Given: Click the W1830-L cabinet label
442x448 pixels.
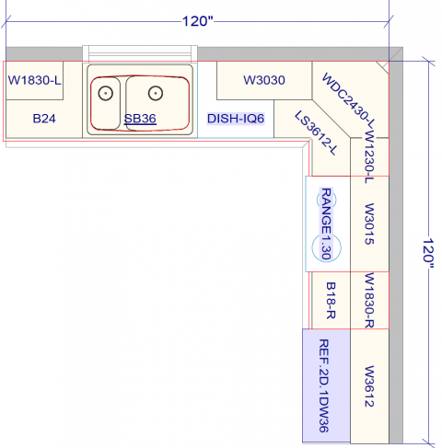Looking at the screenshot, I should pyautogui.click(x=35, y=80).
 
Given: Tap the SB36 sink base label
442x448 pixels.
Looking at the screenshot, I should pyautogui.click(x=140, y=118).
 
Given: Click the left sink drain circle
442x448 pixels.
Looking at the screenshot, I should pyautogui.click(x=106, y=92).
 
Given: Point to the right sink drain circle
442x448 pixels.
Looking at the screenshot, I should pyautogui.click(x=156, y=92).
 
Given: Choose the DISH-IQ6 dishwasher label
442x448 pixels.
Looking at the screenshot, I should pyautogui.click(x=236, y=119).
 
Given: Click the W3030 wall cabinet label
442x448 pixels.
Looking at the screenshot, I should pyautogui.click(x=264, y=81).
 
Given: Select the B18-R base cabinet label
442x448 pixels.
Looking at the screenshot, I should pyautogui.click(x=330, y=300).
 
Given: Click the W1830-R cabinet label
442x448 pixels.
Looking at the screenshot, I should pyautogui.click(x=369, y=300).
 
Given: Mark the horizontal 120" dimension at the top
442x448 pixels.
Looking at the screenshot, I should pyautogui.click(x=197, y=21).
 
